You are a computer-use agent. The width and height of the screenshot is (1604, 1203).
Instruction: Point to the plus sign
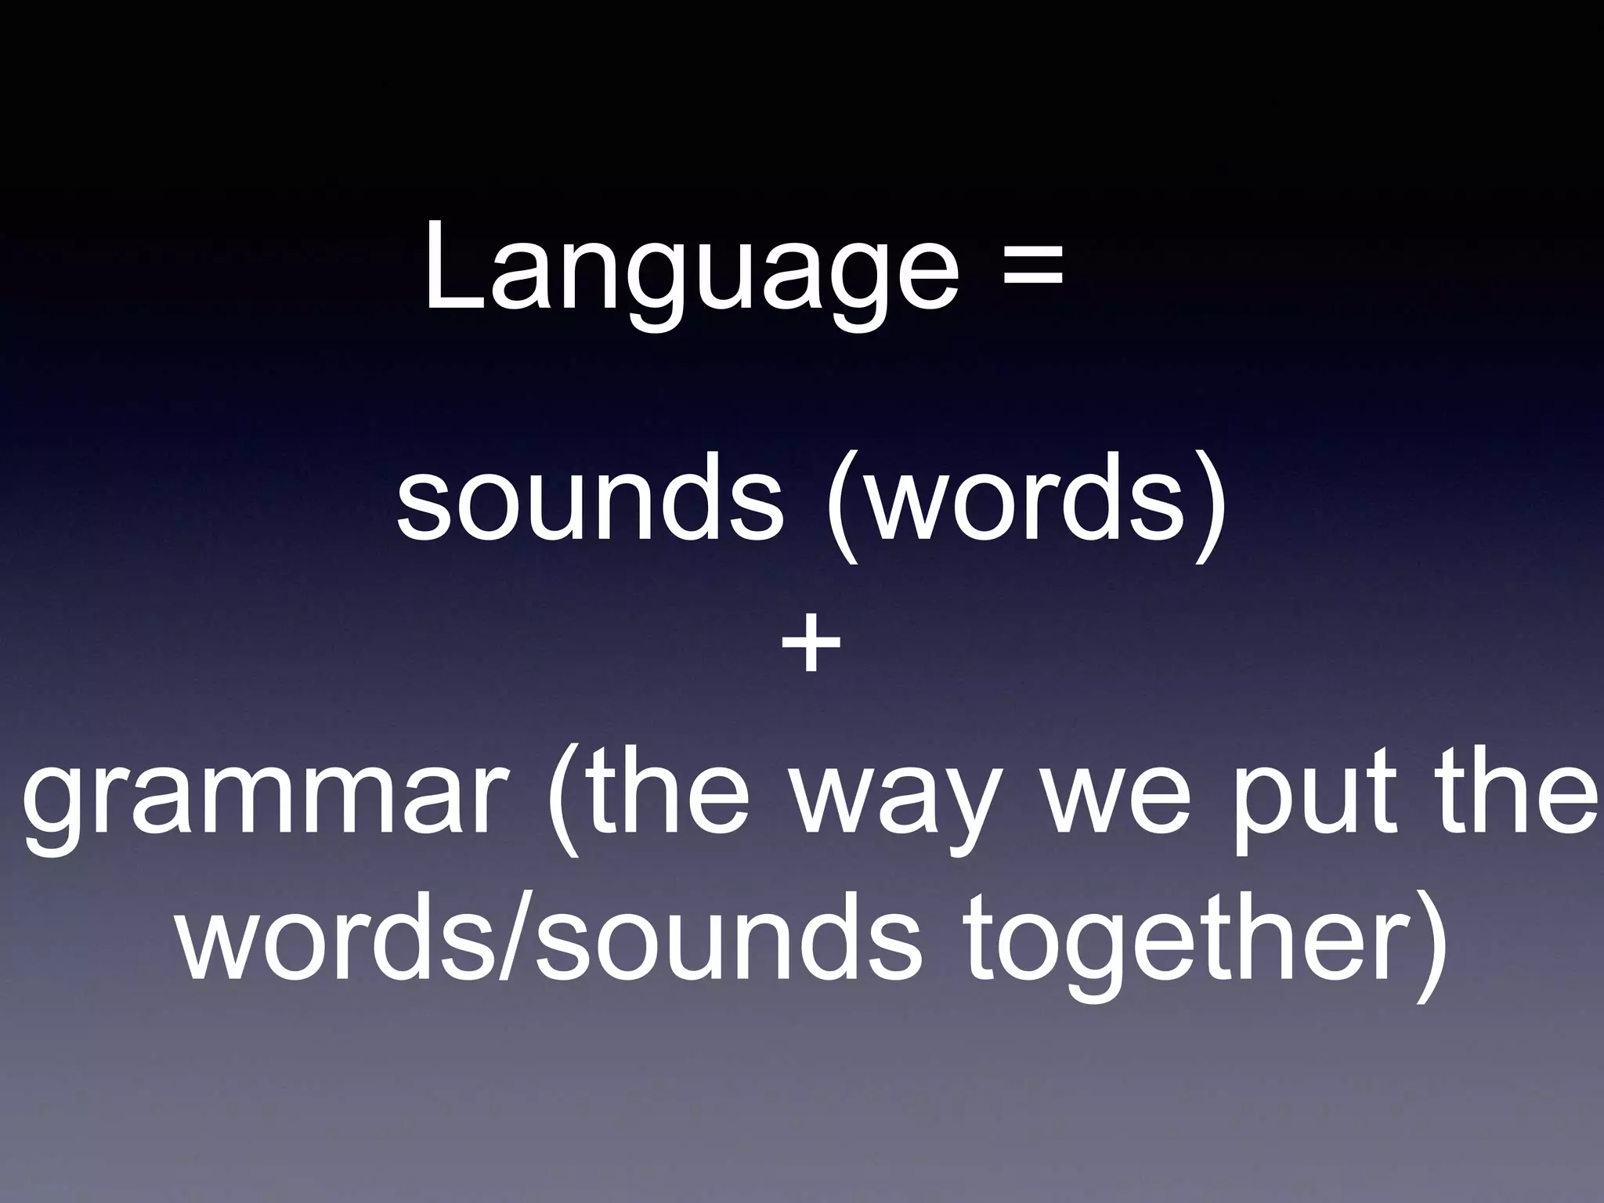click(811, 645)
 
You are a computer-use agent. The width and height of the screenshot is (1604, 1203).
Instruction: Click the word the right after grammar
click(674, 791)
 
